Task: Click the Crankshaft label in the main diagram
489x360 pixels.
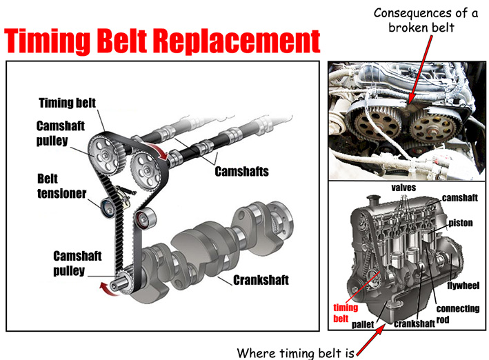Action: click(261, 281)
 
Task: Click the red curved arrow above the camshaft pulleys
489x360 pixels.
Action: click(160, 154)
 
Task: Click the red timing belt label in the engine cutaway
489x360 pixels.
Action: click(346, 312)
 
